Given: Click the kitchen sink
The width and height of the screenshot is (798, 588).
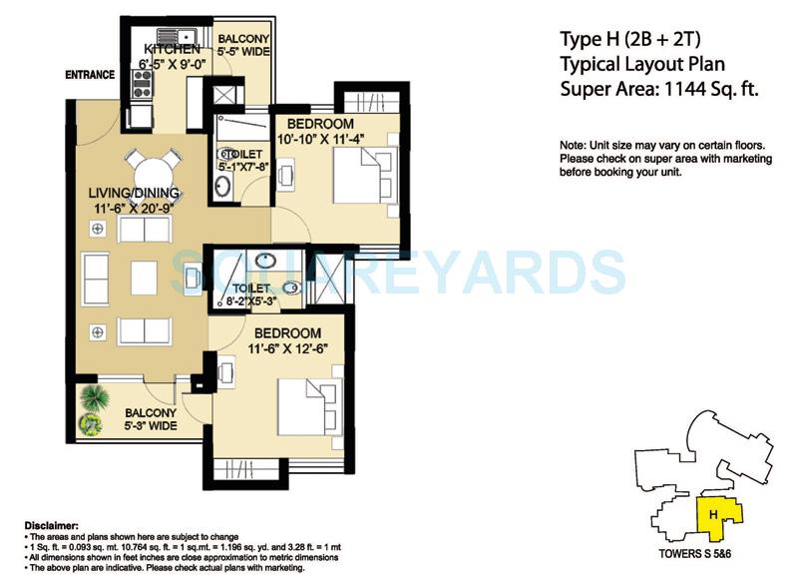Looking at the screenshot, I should (158, 39).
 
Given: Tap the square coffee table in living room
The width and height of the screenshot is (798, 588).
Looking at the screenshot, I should (144, 278).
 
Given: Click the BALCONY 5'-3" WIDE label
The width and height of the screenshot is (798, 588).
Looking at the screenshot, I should (151, 419).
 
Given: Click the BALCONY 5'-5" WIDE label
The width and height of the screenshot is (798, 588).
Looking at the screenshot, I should (244, 48).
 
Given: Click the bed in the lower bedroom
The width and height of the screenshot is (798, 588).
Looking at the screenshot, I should (309, 400).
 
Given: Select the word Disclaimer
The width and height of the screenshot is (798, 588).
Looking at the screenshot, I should (51, 523).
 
